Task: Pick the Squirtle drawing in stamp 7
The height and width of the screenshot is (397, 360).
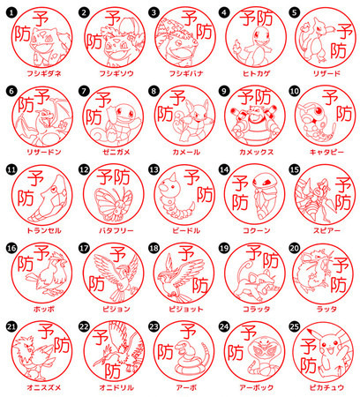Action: [113, 116]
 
